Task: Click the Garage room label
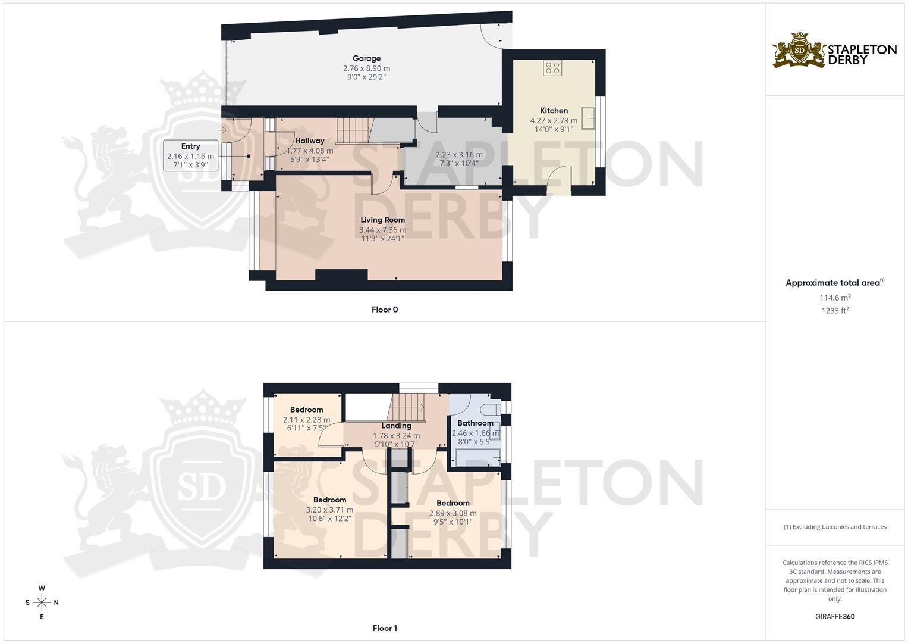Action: tap(366, 58)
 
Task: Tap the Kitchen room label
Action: tap(554, 110)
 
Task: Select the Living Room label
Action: tap(382, 220)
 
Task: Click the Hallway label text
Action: tap(310, 141)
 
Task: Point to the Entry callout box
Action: tap(190, 155)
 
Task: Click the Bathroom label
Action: tap(475, 423)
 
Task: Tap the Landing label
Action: tap(396, 426)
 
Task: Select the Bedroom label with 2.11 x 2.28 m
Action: tap(306, 410)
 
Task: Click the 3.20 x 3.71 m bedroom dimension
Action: tap(329, 510)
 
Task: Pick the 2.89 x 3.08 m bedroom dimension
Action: tap(453, 513)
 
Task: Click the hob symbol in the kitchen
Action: tap(552, 68)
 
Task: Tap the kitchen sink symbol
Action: tap(589, 118)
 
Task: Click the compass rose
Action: tap(42, 602)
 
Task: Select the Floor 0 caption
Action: tap(385, 310)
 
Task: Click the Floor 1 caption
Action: tap(385, 628)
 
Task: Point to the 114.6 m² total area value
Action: tap(835, 298)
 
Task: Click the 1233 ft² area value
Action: tap(835, 310)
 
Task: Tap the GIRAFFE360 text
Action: tap(834, 616)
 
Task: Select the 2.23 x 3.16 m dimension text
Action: tap(459, 154)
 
